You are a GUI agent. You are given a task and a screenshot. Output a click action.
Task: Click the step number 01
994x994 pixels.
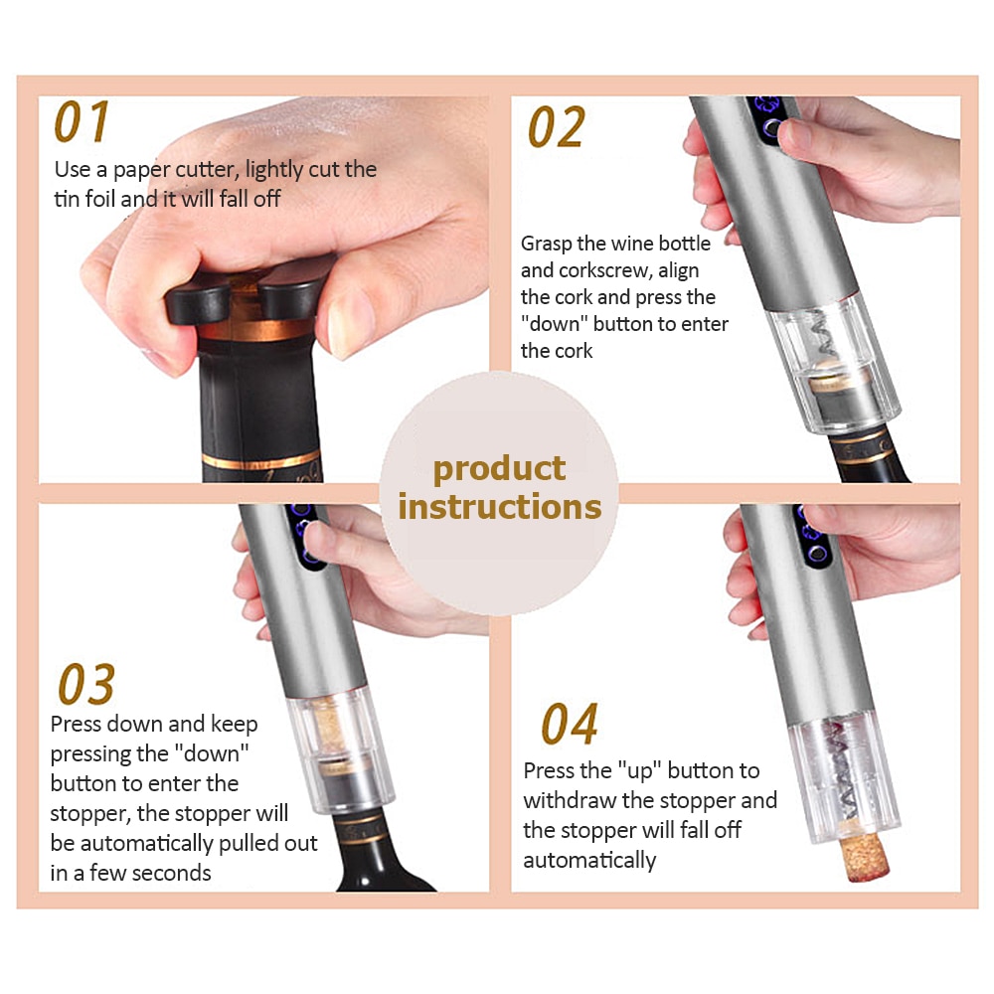click(82, 121)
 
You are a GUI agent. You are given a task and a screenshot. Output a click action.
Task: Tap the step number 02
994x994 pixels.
click(556, 127)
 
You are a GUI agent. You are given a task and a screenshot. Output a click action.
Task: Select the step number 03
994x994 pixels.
click(86, 684)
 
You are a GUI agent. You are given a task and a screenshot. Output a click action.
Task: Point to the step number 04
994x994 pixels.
click(570, 724)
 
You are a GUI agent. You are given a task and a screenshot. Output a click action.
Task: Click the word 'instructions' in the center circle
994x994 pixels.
click(500, 507)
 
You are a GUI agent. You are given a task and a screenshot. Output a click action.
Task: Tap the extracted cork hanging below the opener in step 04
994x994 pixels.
click(864, 856)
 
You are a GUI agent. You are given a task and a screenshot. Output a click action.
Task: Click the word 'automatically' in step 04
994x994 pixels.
click(589, 861)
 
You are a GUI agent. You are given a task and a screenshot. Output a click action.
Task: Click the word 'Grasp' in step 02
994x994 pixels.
click(546, 245)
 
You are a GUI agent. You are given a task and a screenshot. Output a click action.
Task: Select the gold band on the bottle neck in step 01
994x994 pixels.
click(258, 331)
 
